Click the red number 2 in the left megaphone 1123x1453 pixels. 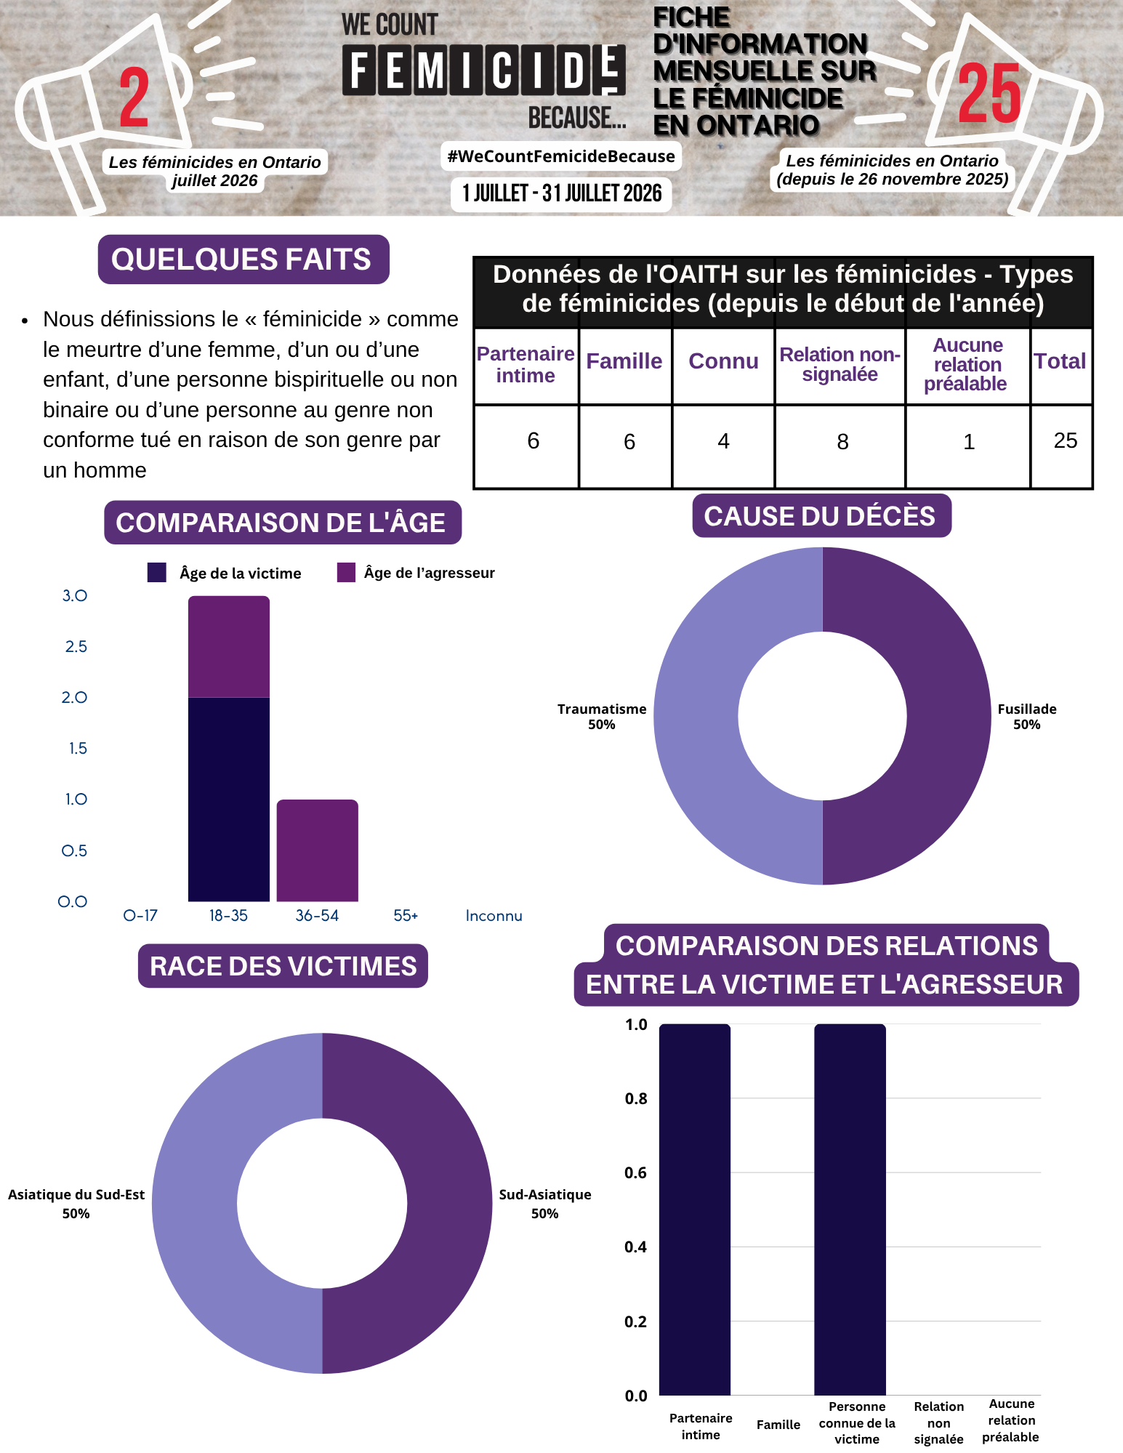[x=134, y=97]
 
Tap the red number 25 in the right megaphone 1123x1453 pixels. [x=989, y=93]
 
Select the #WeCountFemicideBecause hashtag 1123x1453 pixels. [x=561, y=156]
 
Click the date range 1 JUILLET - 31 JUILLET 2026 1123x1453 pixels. [x=562, y=193]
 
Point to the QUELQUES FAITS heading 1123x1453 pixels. [x=241, y=259]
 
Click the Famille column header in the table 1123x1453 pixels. [x=624, y=361]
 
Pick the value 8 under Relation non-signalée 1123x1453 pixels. [x=842, y=442]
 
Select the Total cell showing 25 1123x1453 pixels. [x=1066, y=440]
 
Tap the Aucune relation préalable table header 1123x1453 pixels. [x=967, y=364]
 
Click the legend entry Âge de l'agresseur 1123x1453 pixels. [x=416, y=573]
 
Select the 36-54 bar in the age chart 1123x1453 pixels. [x=318, y=850]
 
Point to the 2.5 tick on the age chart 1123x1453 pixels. [x=76, y=646]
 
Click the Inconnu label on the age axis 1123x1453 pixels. [x=494, y=916]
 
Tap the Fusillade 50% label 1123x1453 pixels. [x=1027, y=717]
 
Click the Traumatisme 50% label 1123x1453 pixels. [x=602, y=717]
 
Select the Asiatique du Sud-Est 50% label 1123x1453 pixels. [x=76, y=1204]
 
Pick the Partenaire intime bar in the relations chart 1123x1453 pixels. [x=695, y=1210]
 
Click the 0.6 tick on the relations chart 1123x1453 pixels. [x=636, y=1172]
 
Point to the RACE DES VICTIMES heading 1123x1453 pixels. [x=283, y=966]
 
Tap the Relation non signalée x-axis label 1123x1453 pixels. [x=939, y=1422]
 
